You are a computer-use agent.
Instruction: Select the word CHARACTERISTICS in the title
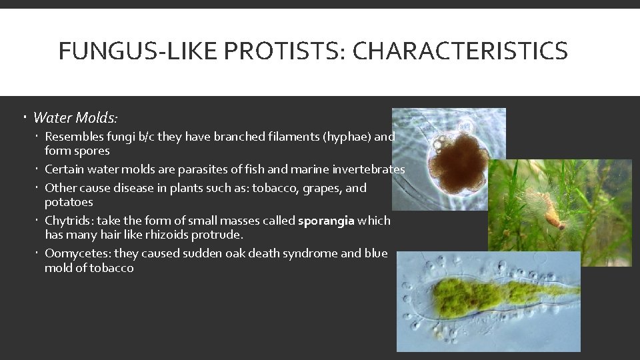[x=460, y=51]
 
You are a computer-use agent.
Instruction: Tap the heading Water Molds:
[x=75, y=118]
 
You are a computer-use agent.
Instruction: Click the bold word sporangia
[x=326, y=221]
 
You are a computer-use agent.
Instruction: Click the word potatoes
[x=69, y=202]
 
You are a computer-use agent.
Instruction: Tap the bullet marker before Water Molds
[x=23, y=118]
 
